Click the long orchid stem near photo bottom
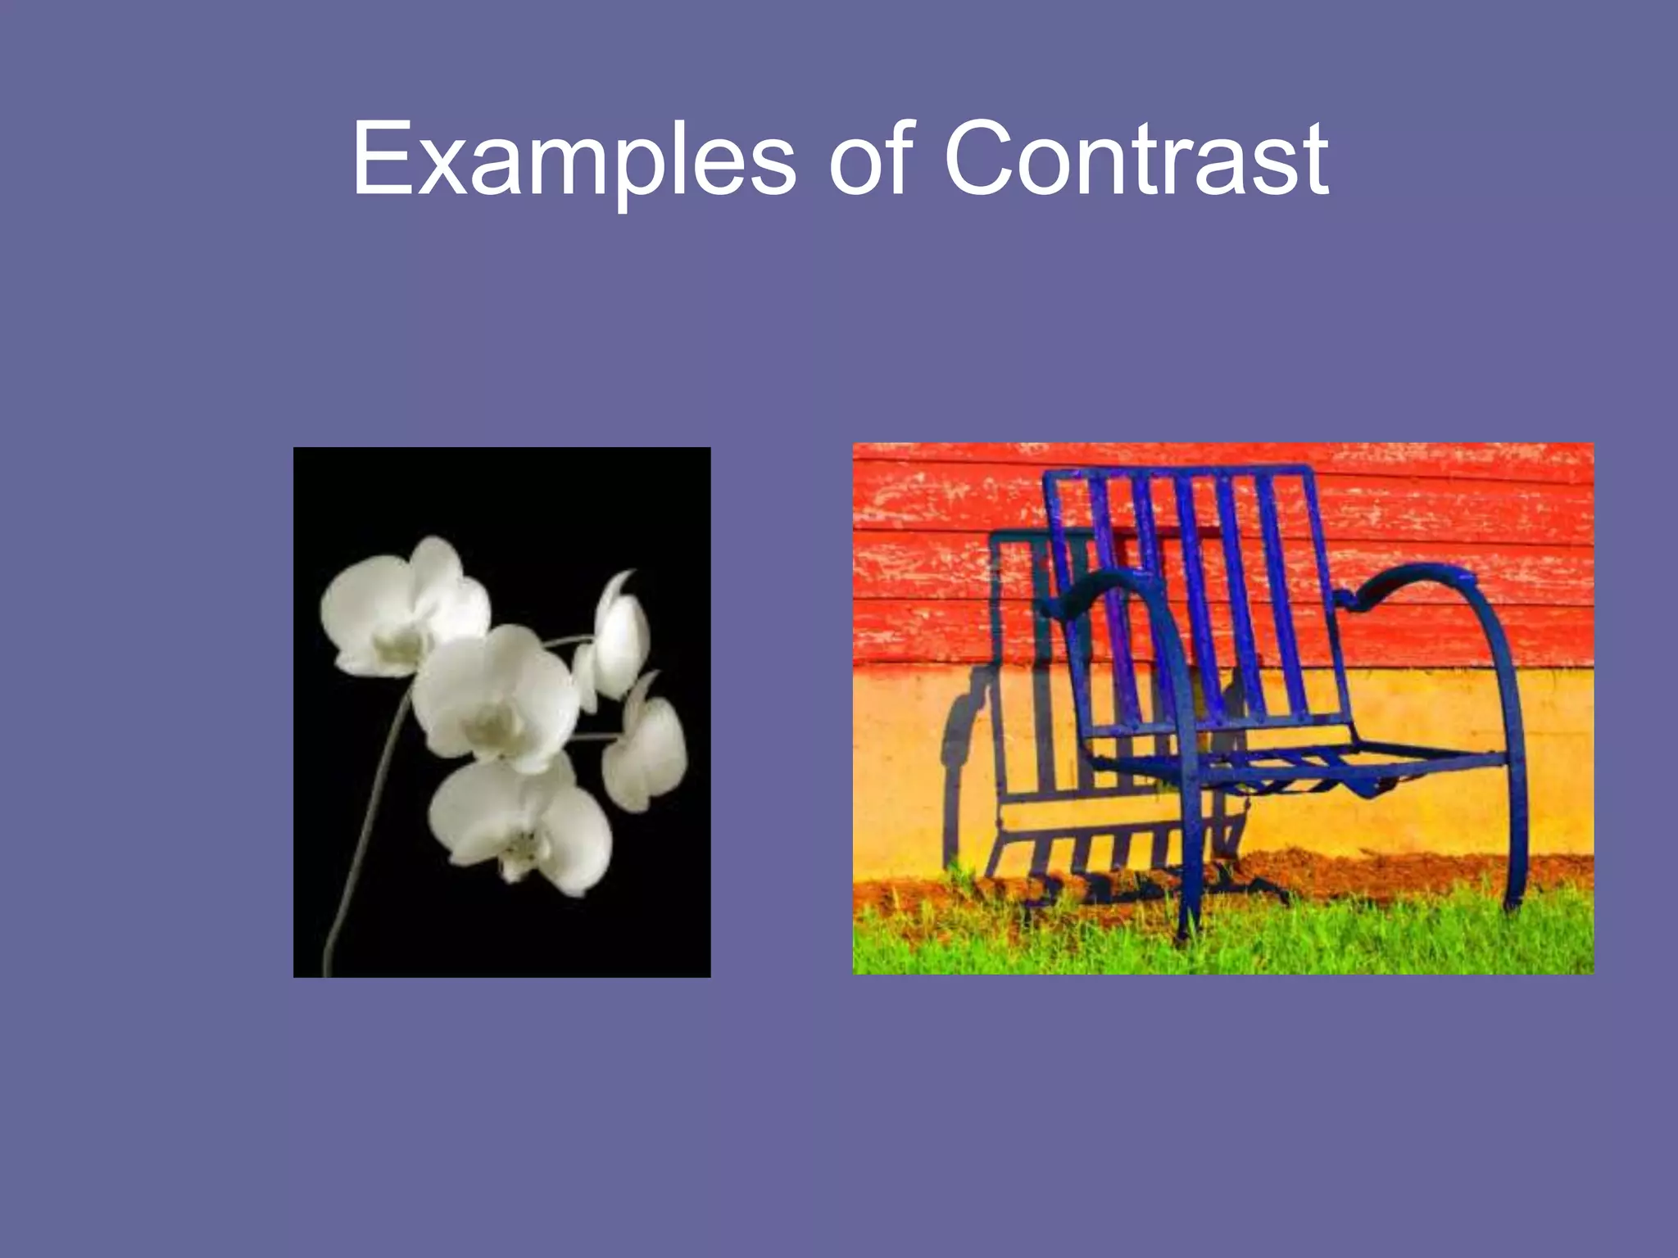pyautogui.click(x=352, y=885)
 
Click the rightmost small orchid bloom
pyautogui.click(x=647, y=753)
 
